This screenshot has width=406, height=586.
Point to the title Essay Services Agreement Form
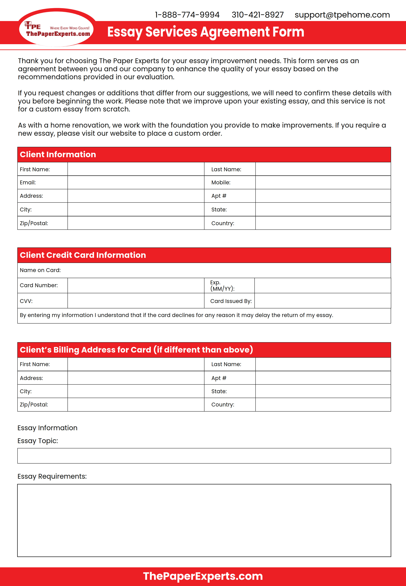206,32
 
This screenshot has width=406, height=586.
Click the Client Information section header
58,154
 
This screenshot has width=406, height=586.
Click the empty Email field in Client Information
136,182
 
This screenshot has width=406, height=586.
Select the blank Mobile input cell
323,182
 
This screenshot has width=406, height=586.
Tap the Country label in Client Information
223,223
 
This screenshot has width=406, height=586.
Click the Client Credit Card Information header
83,255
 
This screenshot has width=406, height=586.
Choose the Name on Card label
40,270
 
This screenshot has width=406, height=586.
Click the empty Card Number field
136,285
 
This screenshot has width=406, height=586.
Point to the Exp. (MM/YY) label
222,286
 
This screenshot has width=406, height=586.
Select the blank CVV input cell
136,301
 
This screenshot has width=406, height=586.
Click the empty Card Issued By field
322,301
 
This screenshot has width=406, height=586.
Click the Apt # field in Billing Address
323,378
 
